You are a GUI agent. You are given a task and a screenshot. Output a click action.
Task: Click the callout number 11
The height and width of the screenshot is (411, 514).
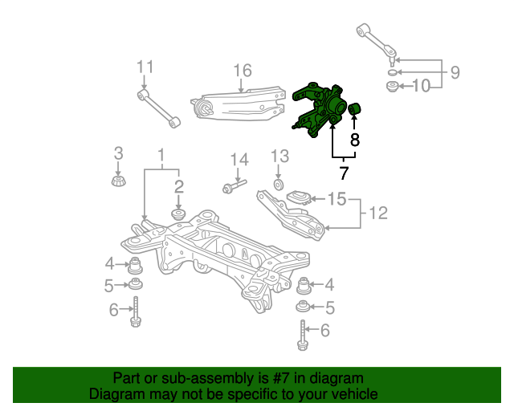pos(145,67)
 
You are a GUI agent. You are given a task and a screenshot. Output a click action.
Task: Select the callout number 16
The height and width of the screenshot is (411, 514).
pos(243,71)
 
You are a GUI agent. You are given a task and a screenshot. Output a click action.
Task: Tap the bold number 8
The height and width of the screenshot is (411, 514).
pos(355,140)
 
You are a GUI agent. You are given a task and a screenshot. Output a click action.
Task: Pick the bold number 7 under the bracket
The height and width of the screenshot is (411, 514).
pos(343,173)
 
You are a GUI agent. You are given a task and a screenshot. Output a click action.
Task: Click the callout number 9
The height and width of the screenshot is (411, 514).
pos(455,72)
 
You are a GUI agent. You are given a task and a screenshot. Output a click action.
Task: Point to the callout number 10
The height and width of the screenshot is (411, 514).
pos(421,86)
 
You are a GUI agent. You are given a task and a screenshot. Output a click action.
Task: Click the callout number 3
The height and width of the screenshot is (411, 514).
pos(118,153)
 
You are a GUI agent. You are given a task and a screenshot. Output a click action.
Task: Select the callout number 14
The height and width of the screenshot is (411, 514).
pos(239,160)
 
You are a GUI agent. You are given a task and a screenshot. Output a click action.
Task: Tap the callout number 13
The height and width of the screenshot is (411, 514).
pos(279,157)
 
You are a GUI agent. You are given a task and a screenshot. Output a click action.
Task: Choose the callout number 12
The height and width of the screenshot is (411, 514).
pos(378,213)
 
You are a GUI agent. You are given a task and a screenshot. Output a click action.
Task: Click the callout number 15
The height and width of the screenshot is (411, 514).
pos(337,199)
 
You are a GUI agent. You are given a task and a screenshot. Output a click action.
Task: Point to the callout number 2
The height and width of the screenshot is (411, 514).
pos(178,187)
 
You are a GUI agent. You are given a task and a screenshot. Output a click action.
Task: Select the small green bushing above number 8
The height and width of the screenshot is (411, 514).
pos(354,109)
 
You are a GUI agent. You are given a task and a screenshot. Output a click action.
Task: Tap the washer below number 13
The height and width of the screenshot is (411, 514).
pos(279,185)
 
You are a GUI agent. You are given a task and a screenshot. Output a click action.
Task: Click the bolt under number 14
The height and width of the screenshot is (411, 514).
pos(234,186)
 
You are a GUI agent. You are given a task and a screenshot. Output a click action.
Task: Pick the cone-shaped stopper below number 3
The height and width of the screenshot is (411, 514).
pos(119,181)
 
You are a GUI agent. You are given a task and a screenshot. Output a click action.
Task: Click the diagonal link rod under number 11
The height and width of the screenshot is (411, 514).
pos(159,109)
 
